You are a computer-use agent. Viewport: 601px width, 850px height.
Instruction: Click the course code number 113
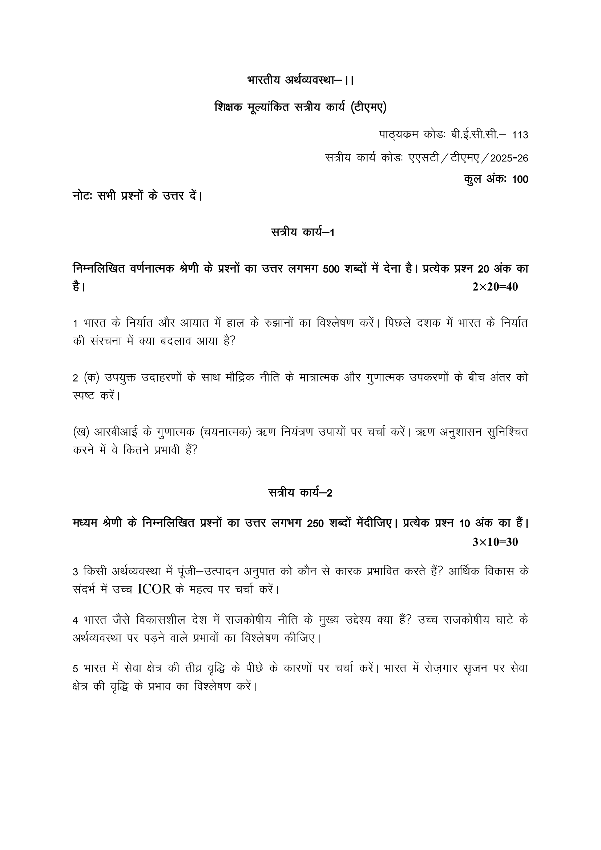click(520, 135)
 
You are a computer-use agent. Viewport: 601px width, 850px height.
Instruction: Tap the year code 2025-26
click(509, 158)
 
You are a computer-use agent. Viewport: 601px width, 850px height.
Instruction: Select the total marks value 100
click(520, 180)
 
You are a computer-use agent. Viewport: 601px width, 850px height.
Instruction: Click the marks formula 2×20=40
click(495, 287)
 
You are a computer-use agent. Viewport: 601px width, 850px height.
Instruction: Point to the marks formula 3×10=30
click(495, 542)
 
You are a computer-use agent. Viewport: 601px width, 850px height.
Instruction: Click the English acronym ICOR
click(154, 590)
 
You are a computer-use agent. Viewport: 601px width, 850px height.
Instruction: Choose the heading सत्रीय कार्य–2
click(300, 493)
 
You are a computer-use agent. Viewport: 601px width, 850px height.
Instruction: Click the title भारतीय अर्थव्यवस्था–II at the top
click(300, 80)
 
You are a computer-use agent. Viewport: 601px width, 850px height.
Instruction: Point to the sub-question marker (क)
click(92, 378)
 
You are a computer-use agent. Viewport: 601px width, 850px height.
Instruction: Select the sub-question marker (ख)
click(81, 432)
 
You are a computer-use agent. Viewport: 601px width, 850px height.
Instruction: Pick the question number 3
click(75, 572)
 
